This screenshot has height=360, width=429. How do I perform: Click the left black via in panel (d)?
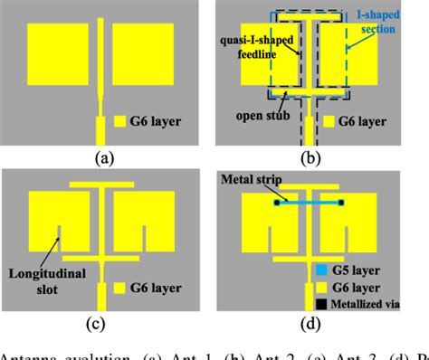tap(275, 203)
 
